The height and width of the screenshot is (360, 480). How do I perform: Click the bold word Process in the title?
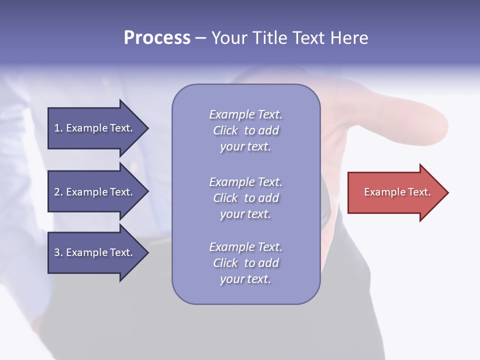157,38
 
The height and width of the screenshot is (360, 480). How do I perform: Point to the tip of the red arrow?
446,192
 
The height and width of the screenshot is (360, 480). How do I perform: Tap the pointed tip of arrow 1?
146,128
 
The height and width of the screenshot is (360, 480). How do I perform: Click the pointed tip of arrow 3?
146,252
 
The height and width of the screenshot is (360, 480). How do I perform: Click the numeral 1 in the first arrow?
57,128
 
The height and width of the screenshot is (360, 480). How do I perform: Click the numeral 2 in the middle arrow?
57,192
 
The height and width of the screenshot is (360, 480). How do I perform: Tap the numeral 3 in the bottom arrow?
57,252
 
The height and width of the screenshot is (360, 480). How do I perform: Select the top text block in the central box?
245,130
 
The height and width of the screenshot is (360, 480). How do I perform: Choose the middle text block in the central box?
245,198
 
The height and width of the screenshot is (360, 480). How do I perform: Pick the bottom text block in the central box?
245,263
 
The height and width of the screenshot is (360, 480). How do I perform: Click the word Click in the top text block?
225,130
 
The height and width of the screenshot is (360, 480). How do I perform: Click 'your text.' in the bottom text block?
245,279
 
